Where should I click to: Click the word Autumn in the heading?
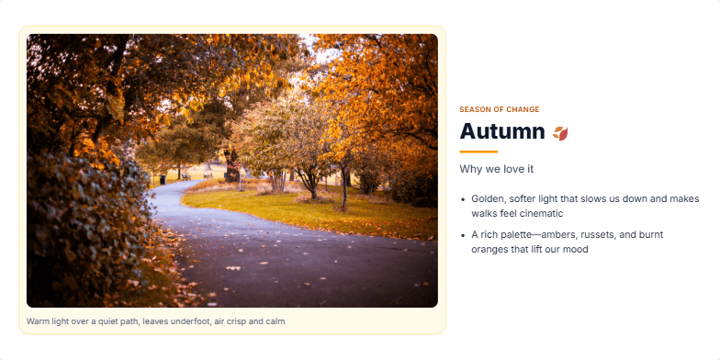pyautogui.click(x=502, y=131)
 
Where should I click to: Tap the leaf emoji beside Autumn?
pyautogui.click(x=560, y=133)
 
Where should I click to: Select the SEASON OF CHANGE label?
pyautogui.click(x=500, y=109)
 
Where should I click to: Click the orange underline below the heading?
pyautogui.click(x=478, y=152)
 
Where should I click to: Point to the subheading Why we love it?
pyautogui.click(x=497, y=169)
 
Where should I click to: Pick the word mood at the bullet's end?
pyautogui.click(x=575, y=250)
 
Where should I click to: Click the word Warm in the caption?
pyautogui.click(x=38, y=321)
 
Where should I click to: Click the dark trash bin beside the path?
pyautogui.click(x=163, y=179)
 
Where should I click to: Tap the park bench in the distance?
pyautogui.click(x=186, y=174)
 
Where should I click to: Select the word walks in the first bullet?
pyautogui.click(x=483, y=213)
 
